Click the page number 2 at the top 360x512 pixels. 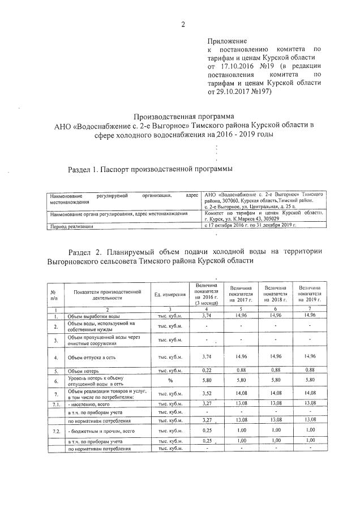183,24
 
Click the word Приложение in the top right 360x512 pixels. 227,41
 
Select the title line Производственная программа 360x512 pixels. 179,115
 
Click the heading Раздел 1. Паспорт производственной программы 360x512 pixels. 150,169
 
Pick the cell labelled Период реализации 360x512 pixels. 72,226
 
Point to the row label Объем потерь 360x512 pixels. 84,371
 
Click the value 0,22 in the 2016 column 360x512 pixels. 206,371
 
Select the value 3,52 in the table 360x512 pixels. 206,393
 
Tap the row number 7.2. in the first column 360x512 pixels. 55,431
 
